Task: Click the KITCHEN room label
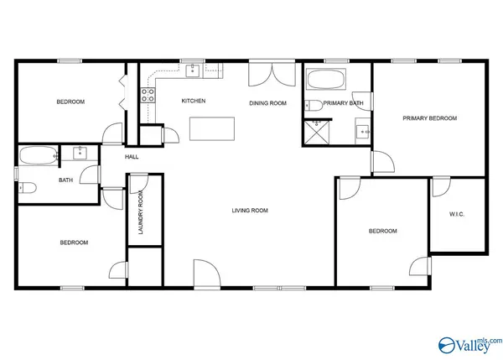pos(194,101)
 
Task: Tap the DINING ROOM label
pos(268,103)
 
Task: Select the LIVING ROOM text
pos(250,211)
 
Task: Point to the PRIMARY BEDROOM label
pos(430,118)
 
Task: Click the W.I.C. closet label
pos(457,214)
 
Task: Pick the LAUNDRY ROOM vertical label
pos(141,212)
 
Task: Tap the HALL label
pos(132,157)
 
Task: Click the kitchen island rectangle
pos(212,128)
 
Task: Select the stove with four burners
pos(148,95)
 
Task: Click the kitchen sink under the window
pos(193,71)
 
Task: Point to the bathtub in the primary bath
pos(325,79)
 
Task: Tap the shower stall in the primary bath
pos(317,133)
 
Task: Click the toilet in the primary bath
pos(314,106)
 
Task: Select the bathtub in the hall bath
pos(39,156)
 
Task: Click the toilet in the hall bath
pos(28,188)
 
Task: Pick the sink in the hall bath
pos(80,153)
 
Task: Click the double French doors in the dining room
pos(272,74)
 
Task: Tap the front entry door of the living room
pos(207,273)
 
